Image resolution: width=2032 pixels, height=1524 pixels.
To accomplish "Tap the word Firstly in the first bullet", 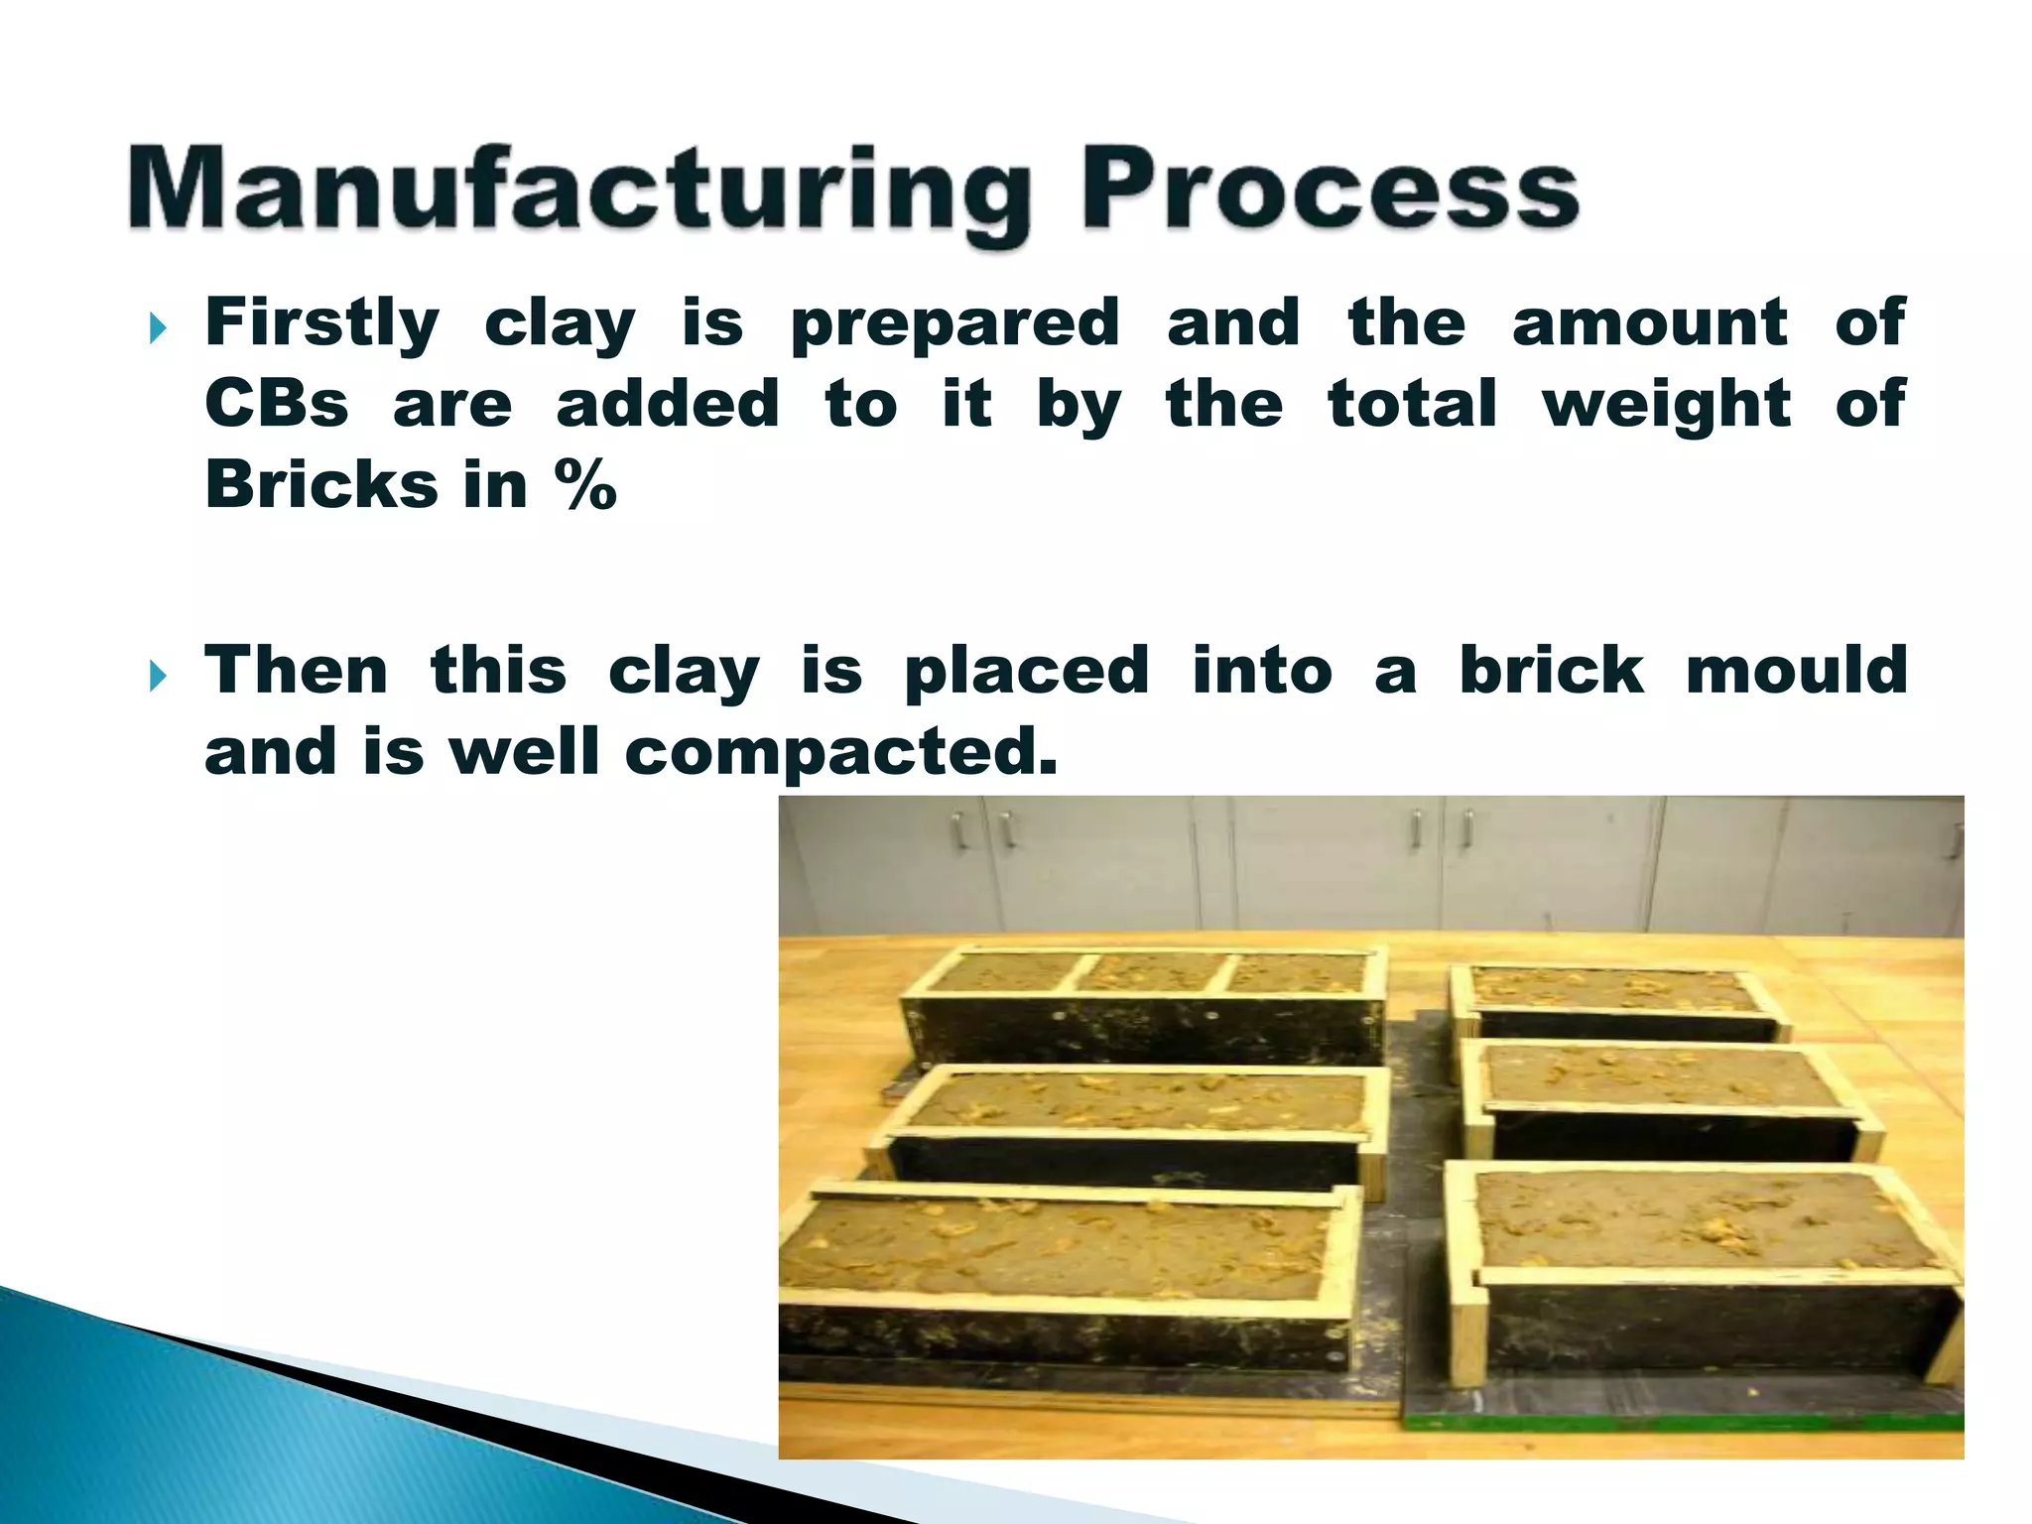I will tap(321, 323).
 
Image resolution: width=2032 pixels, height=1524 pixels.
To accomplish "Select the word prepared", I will tap(954, 325).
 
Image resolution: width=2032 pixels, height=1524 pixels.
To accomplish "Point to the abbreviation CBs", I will tap(277, 405).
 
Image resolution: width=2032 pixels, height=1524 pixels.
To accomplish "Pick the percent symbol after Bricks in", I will tap(586, 485).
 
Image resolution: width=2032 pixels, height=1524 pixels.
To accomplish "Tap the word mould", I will tap(1796, 671).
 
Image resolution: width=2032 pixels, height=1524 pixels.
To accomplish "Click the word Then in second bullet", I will tap(296, 671).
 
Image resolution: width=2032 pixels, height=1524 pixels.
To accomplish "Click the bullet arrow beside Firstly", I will tap(158, 328).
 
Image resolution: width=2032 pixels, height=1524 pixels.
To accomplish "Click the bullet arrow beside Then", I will tap(158, 677).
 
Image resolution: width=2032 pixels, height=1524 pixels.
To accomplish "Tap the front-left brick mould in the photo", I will tap(1067, 1280).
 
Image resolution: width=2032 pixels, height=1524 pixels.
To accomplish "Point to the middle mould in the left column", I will tap(1131, 1126).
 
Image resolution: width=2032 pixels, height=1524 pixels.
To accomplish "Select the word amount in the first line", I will tap(1649, 323).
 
